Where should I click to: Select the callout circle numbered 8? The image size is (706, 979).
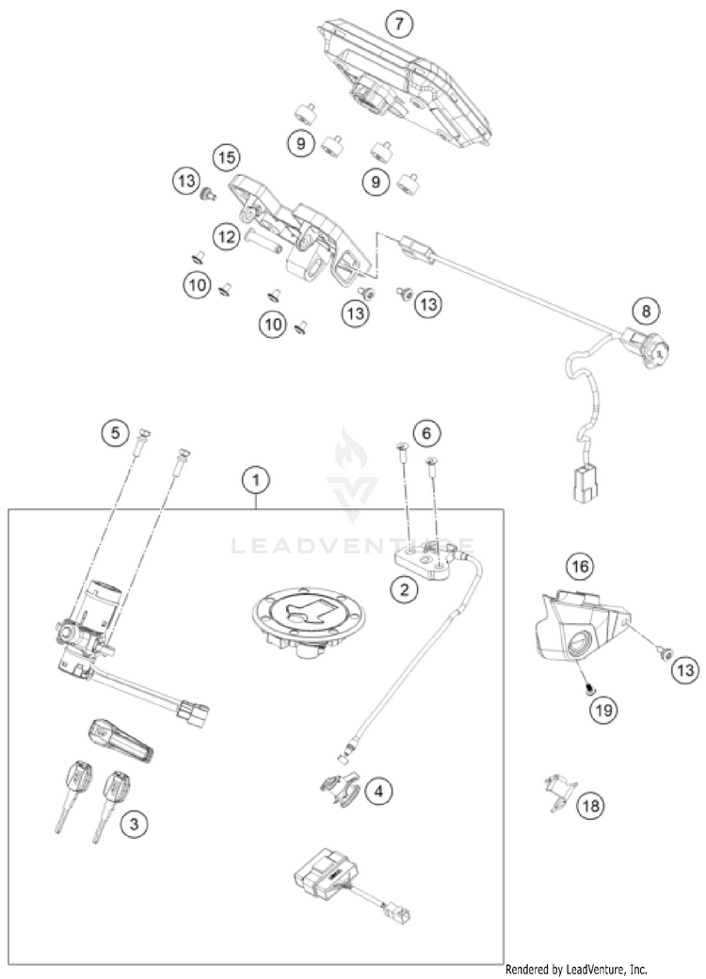coord(646,309)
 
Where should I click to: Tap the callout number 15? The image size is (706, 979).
coord(223,155)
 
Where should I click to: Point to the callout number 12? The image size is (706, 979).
coord(223,239)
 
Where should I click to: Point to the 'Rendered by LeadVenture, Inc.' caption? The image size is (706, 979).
coord(576,968)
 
